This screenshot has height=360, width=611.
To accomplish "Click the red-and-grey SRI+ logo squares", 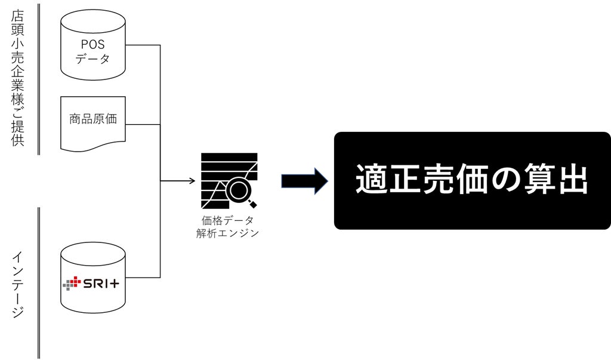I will [72, 282].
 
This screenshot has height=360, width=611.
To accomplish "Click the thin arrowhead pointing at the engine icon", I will [192, 180].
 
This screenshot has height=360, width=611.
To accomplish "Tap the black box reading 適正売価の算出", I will [472, 180].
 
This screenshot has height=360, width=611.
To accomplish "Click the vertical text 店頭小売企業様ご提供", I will [18, 78].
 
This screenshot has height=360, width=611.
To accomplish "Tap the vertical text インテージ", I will [18, 284].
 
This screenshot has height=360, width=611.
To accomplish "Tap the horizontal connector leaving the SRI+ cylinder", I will [143, 277].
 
